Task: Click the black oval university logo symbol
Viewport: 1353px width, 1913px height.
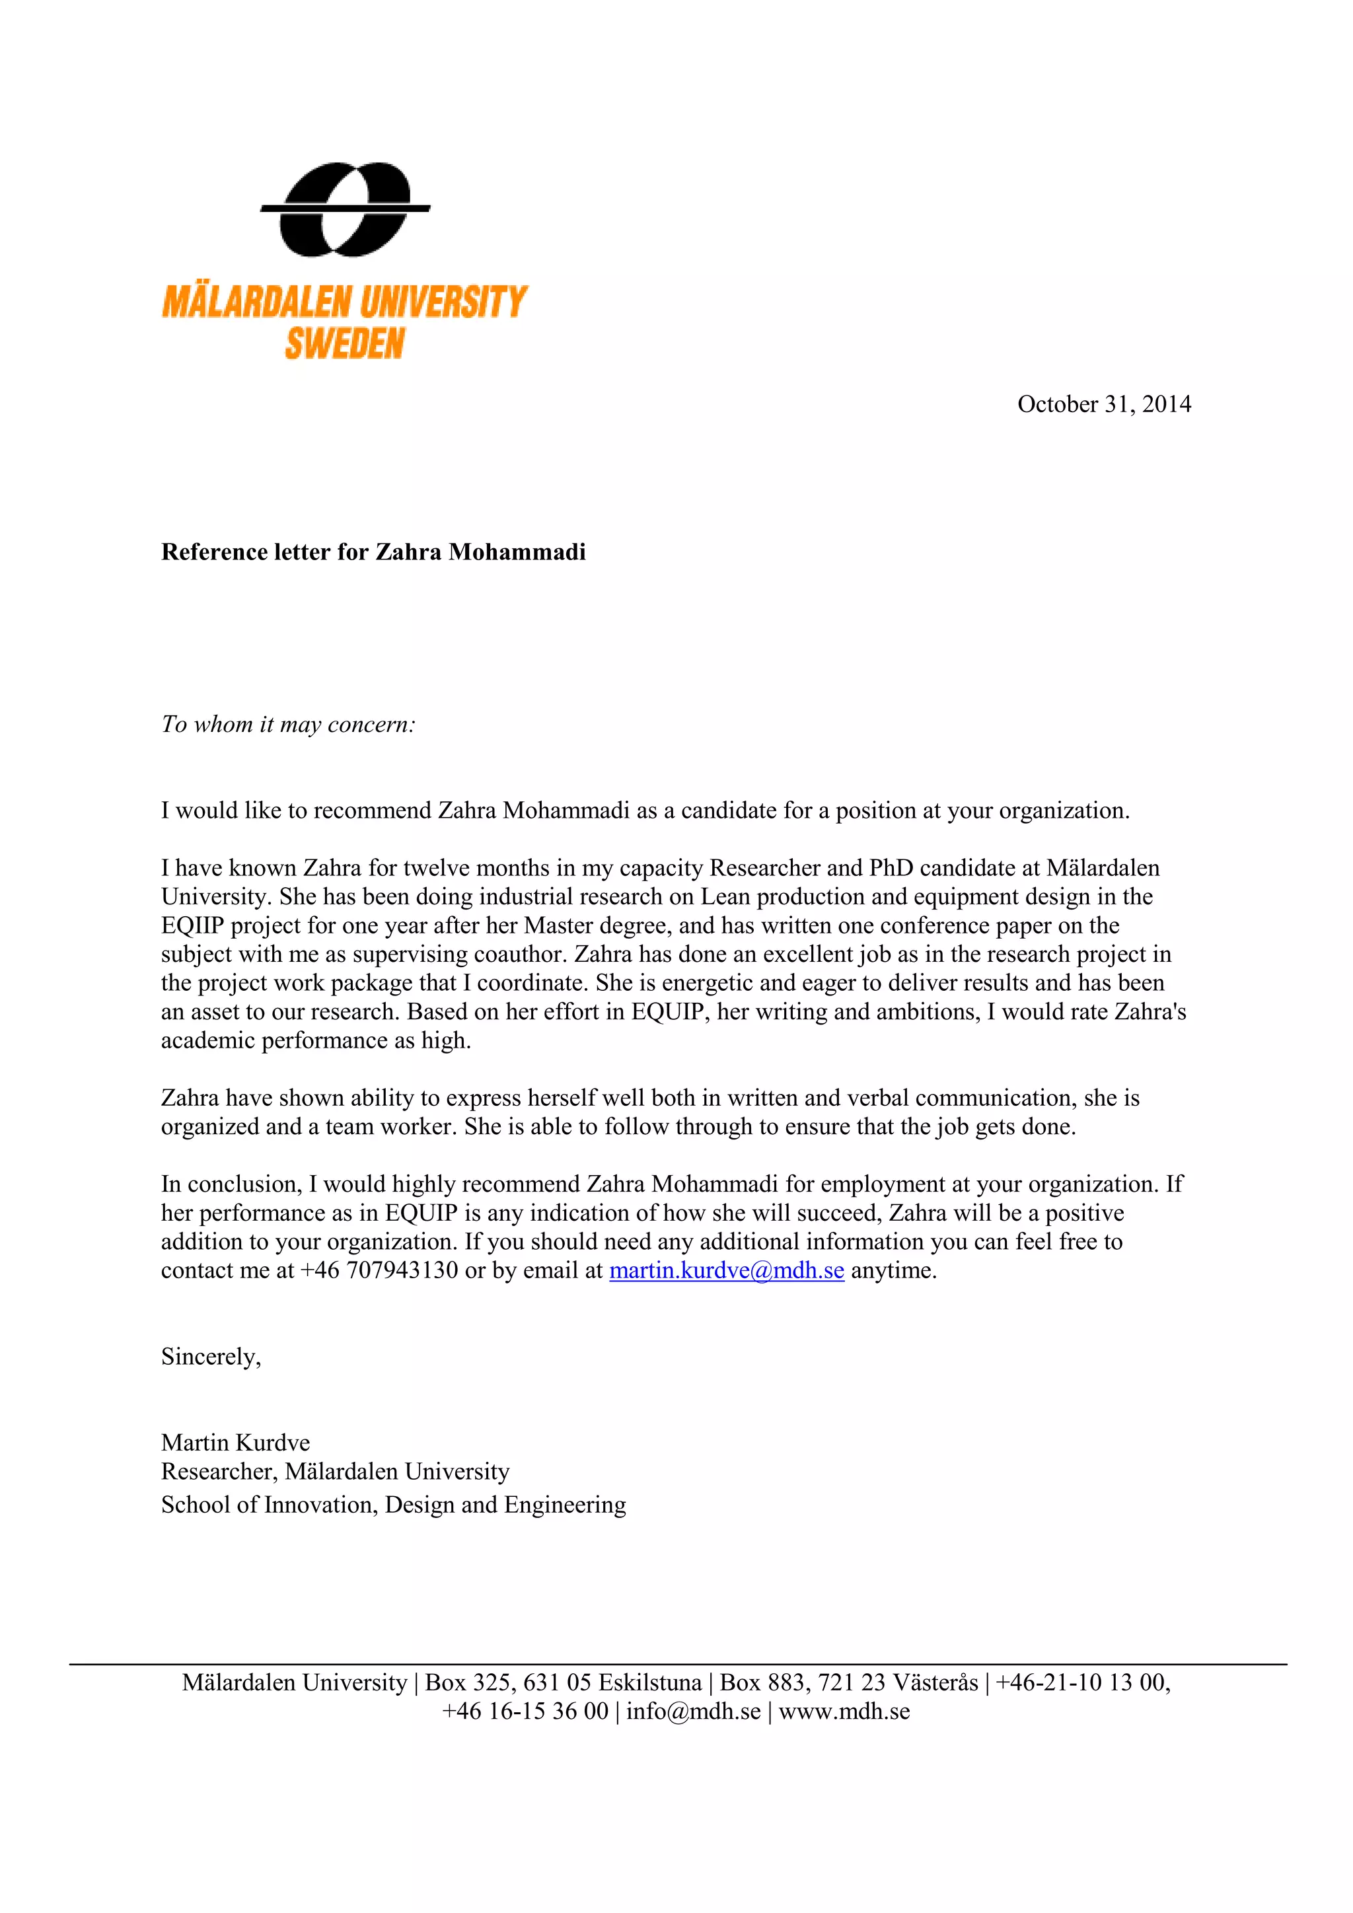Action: tap(345, 209)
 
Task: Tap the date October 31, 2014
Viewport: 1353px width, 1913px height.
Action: tap(1104, 404)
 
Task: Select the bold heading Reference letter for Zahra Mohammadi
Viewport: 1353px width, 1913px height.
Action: tap(373, 552)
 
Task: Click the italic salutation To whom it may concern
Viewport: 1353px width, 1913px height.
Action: tap(288, 725)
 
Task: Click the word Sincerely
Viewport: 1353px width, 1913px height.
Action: tap(211, 1356)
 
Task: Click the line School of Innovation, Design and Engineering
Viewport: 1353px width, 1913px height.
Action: tap(393, 1505)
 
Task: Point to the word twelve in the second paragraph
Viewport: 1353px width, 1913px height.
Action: tap(434, 868)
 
